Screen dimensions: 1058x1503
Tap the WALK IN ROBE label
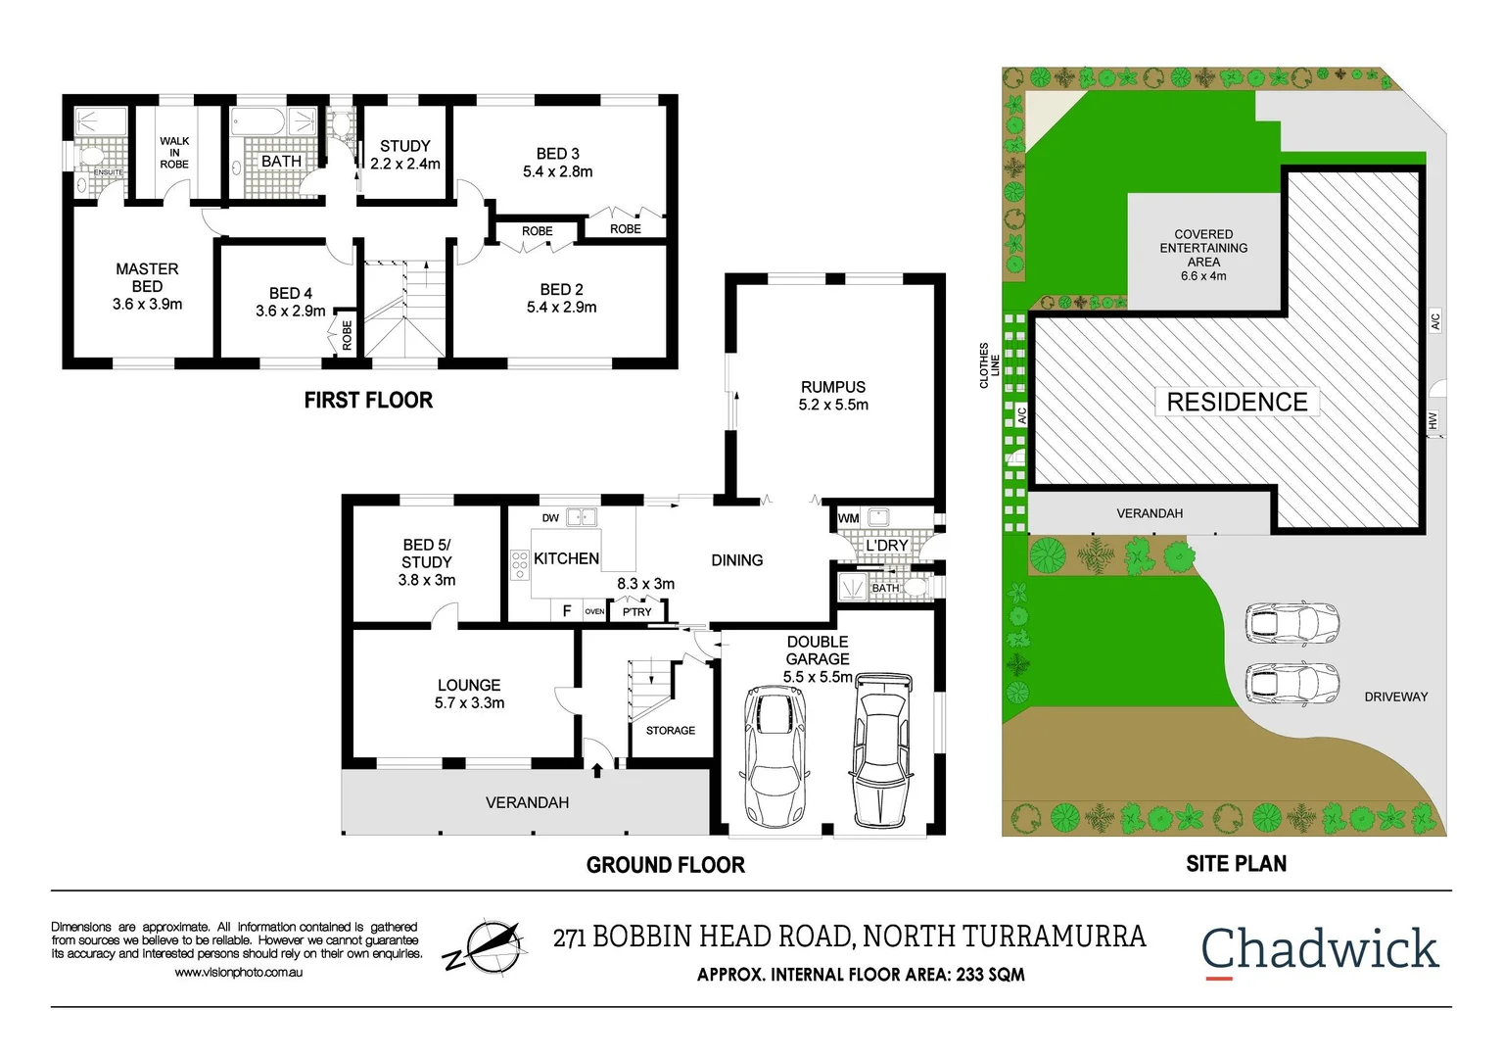click(174, 153)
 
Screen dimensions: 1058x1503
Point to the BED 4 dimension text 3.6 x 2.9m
click(290, 312)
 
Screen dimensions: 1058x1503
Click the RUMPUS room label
click(833, 387)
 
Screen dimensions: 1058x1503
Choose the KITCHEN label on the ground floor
click(566, 558)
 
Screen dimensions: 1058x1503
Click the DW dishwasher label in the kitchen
click(550, 518)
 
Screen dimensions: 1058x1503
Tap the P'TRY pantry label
click(636, 612)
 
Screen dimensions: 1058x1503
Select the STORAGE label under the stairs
click(671, 731)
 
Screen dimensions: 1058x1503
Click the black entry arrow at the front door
click(597, 771)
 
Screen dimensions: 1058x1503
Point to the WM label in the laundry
click(848, 518)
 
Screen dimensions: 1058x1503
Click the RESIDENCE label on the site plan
click(1237, 402)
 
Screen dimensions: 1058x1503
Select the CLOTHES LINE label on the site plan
click(989, 365)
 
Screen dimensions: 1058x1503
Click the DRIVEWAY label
click(1395, 697)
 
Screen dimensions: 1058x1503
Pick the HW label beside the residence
click(1432, 420)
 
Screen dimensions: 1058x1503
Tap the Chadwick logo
click(1319, 949)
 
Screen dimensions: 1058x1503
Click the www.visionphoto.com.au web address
click(238, 973)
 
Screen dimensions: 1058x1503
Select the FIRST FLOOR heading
click(368, 400)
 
